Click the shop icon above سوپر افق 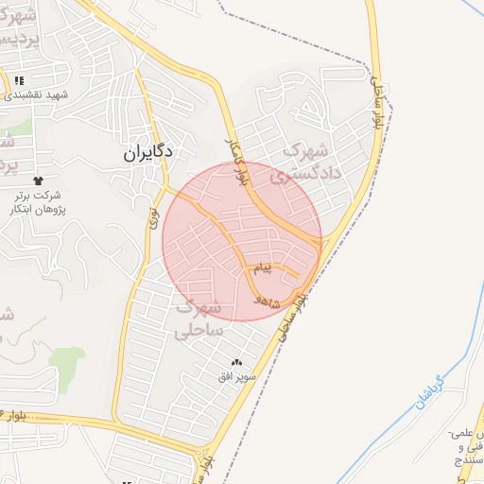click(x=236, y=362)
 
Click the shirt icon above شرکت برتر click(x=38, y=180)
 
